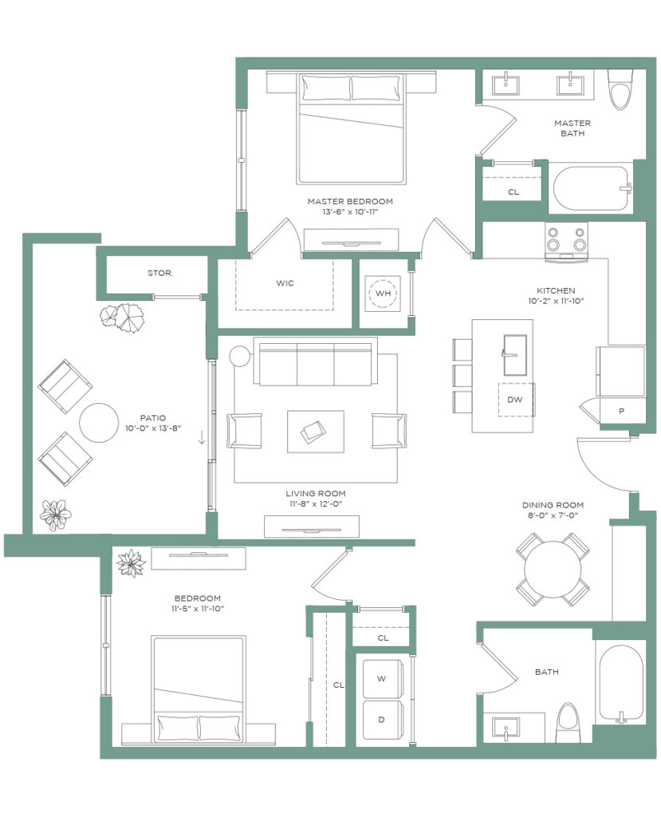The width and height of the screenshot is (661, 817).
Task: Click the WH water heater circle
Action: tap(383, 294)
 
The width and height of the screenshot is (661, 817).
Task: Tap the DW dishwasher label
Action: tap(514, 400)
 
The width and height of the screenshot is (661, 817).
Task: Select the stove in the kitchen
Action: tap(566, 241)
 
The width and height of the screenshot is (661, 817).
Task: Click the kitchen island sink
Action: tap(514, 355)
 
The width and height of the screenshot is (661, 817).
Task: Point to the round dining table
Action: tap(553, 569)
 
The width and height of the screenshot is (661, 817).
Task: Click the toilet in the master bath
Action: tap(620, 89)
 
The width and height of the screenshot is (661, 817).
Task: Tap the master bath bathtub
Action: tap(591, 188)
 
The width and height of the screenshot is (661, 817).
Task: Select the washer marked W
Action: tap(382, 678)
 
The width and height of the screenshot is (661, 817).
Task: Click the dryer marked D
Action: tap(382, 720)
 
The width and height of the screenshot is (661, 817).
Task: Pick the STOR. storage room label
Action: tap(160, 273)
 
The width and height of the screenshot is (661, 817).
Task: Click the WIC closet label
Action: tap(285, 283)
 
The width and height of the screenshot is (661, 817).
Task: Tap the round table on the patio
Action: tap(99, 423)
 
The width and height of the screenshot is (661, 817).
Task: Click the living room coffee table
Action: tap(316, 432)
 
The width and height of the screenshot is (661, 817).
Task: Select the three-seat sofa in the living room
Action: tap(316, 361)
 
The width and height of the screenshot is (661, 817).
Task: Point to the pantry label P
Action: tap(621, 411)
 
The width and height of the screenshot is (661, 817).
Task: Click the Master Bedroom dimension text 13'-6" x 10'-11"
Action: tap(349, 212)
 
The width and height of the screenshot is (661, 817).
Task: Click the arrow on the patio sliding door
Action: tap(202, 440)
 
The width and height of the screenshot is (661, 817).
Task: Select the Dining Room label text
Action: tap(553, 505)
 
